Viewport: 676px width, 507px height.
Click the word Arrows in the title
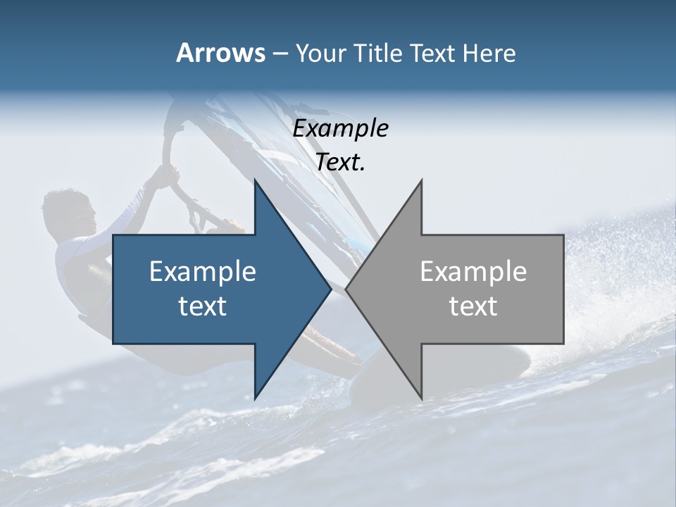point(220,53)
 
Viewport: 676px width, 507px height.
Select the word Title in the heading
point(378,53)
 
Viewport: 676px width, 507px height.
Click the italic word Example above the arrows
point(340,129)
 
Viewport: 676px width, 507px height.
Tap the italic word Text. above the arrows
point(340,163)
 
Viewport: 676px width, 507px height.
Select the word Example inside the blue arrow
point(203,272)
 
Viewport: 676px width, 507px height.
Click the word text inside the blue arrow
point(203,306)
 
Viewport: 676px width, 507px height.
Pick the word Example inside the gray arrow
point(473,272)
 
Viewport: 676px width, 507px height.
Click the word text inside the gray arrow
point(473,306)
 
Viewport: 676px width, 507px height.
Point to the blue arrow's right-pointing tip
point(329,289)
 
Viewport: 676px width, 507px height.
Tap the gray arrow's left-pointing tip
point(348,289)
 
